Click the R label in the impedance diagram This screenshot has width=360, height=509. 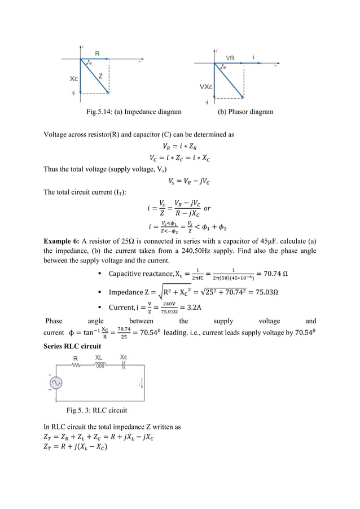(98, 53)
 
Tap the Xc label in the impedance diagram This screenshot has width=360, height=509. (66, 79)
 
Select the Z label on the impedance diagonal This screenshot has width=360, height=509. (100, 76)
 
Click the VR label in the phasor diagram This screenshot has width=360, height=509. (230, 58)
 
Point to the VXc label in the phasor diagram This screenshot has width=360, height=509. (206, 87)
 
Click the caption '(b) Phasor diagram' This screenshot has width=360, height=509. (245, 112)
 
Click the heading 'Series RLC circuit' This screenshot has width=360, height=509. (72, 346)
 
